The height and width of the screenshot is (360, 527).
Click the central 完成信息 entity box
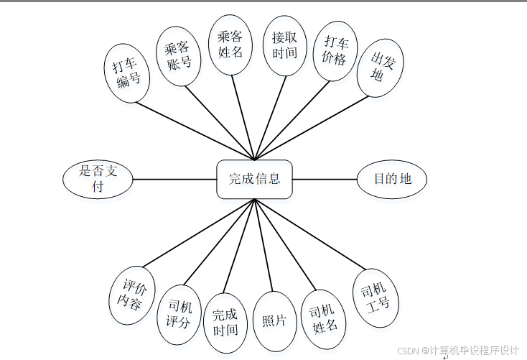coord(254,179)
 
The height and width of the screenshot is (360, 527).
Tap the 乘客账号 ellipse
coord(178,56)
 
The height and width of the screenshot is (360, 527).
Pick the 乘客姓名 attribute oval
coord(230,45)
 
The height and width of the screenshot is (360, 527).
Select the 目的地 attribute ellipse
coord(392,179)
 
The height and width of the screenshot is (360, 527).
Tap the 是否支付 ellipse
coord(98,179)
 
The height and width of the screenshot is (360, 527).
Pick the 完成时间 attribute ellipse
coord(225,322)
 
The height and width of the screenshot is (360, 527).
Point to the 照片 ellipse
coord(274,320)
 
